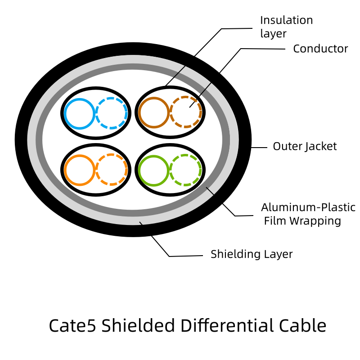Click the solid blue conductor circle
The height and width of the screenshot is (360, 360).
coord(79,113)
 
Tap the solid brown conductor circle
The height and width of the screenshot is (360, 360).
coord(154,112)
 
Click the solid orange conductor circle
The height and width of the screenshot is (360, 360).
coord(79,170)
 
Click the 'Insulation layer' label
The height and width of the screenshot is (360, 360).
coord(286,27)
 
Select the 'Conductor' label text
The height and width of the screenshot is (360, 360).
coord(320,49)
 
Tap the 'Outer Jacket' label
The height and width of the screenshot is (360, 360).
coord(305,146)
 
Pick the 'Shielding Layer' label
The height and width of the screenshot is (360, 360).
coord(252,254)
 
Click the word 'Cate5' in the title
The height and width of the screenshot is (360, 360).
coord(72,325)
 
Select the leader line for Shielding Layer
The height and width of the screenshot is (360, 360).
coord(180,256)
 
